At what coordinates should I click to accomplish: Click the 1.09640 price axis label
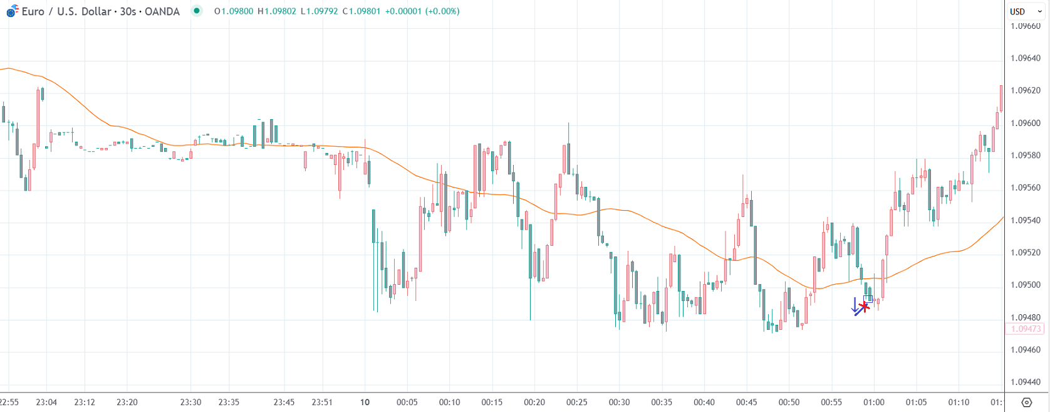(1026, 58)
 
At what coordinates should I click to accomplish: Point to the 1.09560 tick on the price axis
(1026, 188)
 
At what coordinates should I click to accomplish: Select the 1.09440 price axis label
(1026, 382)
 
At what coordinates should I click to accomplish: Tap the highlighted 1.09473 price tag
(1026, 329)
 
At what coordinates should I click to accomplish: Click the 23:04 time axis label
(46, 402)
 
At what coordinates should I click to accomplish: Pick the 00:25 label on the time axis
(576, 402)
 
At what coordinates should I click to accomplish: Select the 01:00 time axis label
(873, 402)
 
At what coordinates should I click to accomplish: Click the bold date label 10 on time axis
(365, 402)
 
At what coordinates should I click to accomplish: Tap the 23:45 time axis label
(284, 402)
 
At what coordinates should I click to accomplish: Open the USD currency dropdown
(1025, 11)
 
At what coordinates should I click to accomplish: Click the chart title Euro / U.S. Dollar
(66, 11)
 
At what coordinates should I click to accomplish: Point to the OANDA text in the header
(162, 11)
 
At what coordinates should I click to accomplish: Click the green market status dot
(197, 11)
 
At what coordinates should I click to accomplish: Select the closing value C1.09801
(361, 11)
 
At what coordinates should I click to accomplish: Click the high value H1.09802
(277, 11)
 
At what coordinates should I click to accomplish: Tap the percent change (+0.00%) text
(442, 11)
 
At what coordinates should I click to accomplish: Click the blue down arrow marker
(856, 306)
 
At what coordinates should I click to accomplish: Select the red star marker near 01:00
(865, 306)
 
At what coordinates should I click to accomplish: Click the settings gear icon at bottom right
(1026, 402)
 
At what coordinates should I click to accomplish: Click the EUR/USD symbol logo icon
(13, 11)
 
